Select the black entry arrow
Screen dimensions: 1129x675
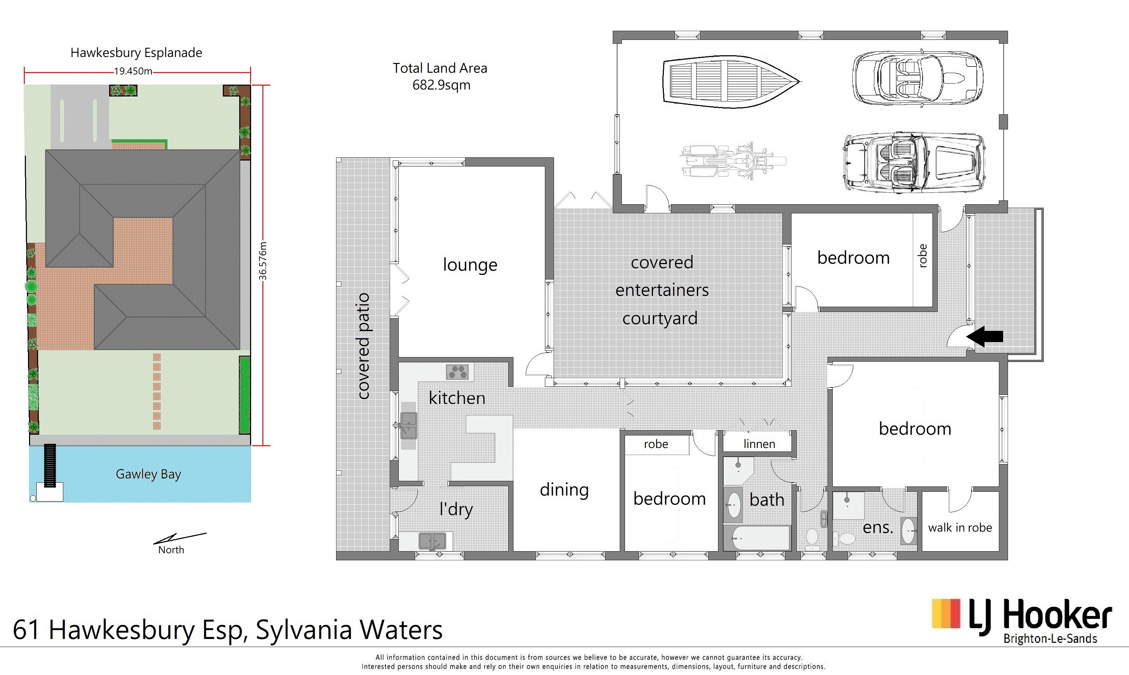coord(985,336)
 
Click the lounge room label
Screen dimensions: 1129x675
coord(470,264)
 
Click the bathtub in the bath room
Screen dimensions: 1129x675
coord(757,538)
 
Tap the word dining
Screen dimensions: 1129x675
coord(564,490)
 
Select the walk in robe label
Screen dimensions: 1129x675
coord(960,528)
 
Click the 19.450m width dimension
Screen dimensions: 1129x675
coord(133,71)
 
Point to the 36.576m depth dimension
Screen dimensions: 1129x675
coord(263,261)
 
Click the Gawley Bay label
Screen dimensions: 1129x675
coord(148,474)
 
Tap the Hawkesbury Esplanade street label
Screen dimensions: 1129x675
coord(136,53)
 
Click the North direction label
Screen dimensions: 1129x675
coord(171,549)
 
